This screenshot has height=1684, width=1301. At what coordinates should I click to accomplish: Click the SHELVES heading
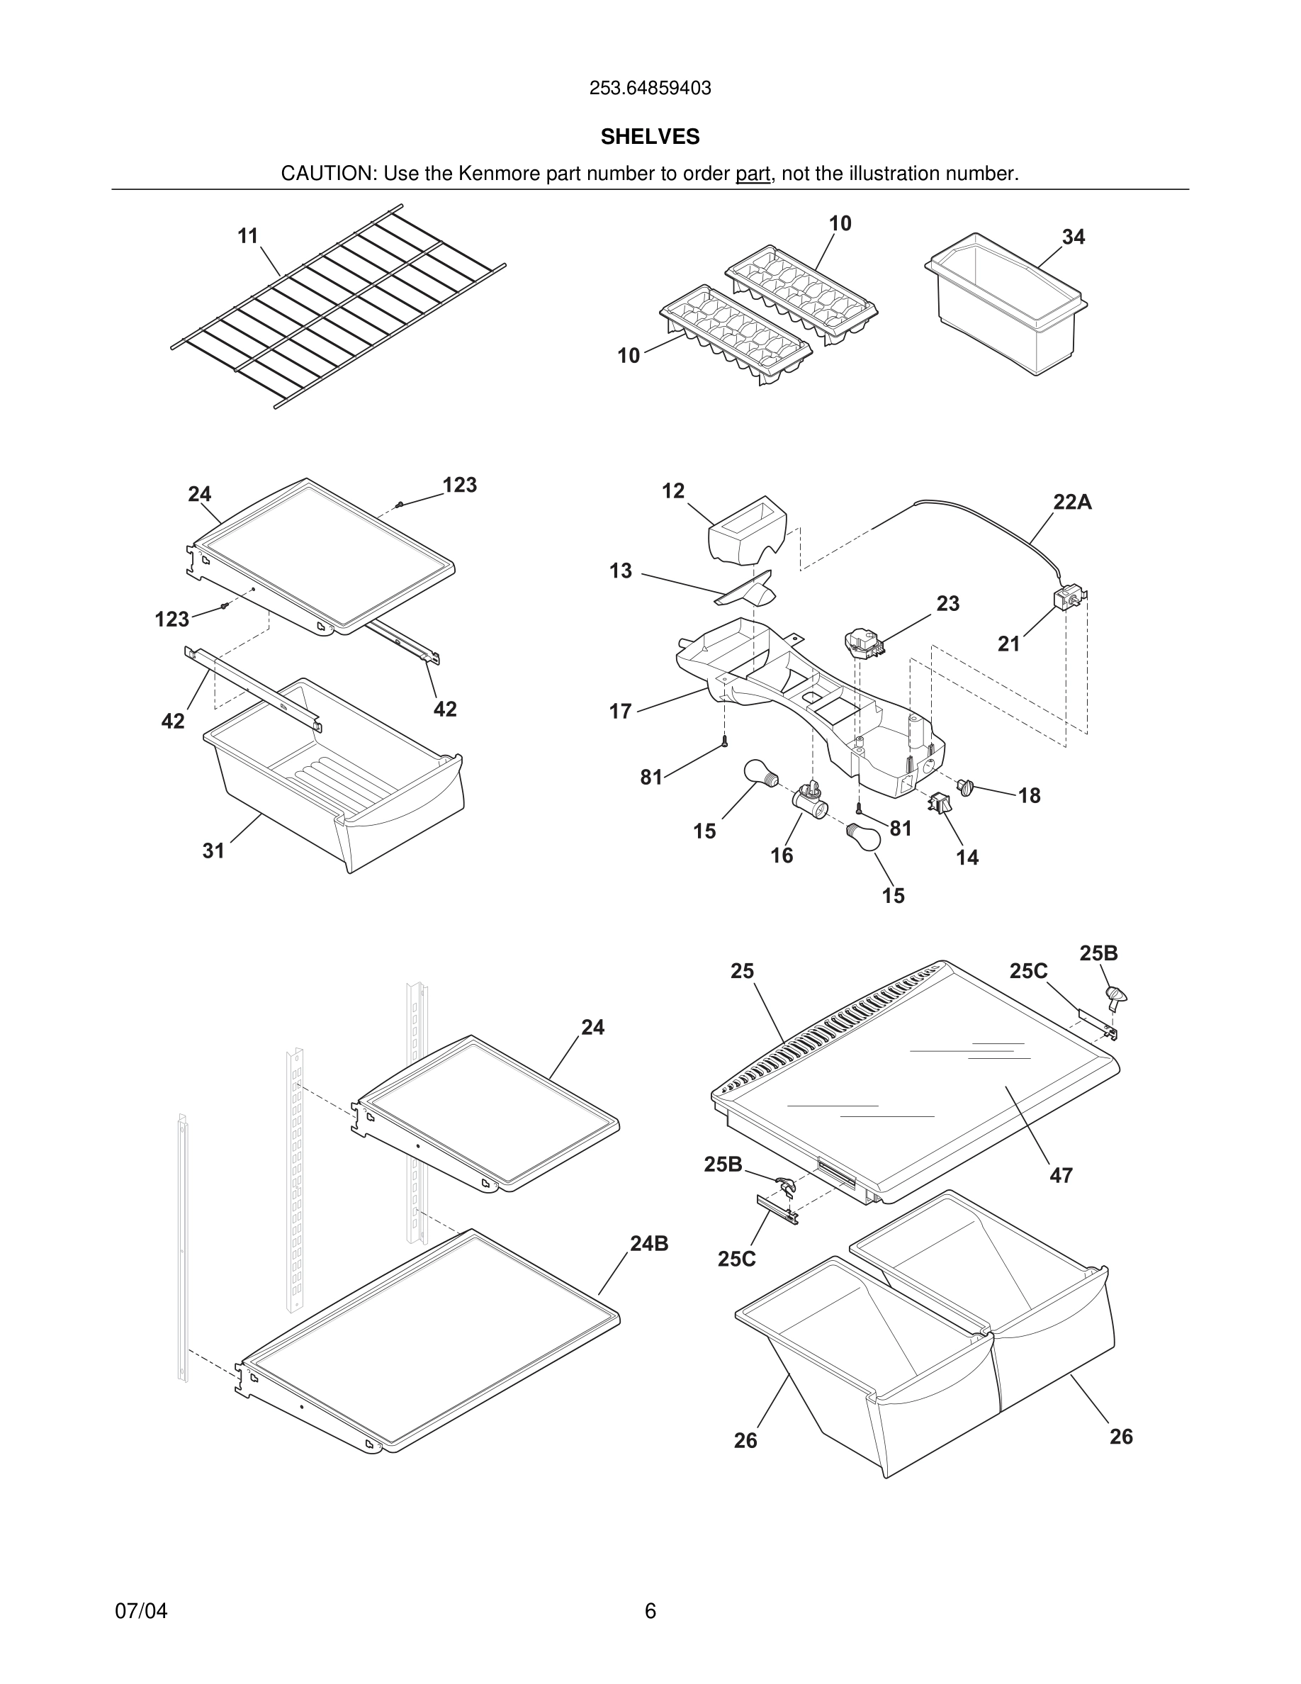(x=650, y=137)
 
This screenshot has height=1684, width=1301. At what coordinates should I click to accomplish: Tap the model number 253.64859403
(x=650, y=89)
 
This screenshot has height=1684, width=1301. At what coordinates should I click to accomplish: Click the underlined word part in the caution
(x=753, y=174)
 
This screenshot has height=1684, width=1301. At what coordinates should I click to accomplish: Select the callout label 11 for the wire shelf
(x=247, y=236)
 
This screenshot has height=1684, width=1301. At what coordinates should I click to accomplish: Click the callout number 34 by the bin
(x=1073, y=237)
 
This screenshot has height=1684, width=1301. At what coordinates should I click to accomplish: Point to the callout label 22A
(x=1072, y=503)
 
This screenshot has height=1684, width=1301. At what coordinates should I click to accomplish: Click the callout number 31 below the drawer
(x=213, y=851)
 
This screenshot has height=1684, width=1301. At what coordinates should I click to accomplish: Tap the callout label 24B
(x=649, y=1244)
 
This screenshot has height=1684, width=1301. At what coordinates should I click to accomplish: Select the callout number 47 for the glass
(x=1061, y=1176)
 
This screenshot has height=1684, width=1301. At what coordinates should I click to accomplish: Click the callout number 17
(x=621, y=712)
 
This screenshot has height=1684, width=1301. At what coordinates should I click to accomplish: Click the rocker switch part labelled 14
(x=940, y=803)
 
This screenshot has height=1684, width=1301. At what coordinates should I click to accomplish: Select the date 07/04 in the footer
(x=141, y=1612)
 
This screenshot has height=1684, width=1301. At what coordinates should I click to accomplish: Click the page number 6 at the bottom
(x=650, y=1612)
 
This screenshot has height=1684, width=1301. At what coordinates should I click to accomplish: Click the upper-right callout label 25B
(x=1098, y=954)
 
